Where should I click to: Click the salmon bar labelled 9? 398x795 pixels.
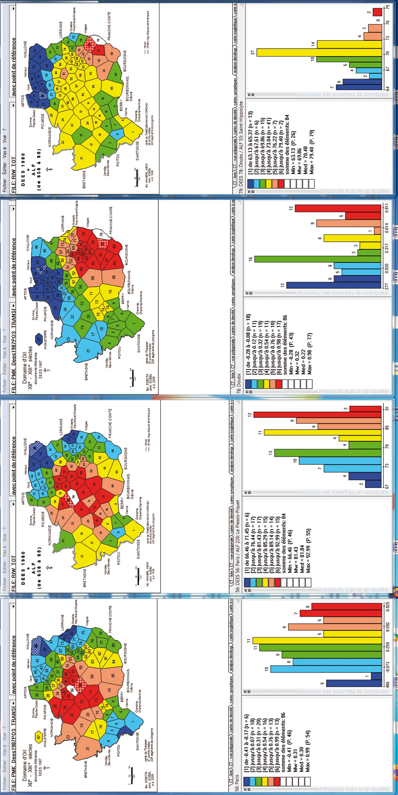point(349,223)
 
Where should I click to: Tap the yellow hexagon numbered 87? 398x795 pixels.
point(38,737)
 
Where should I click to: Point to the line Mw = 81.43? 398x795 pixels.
point(296,550)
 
